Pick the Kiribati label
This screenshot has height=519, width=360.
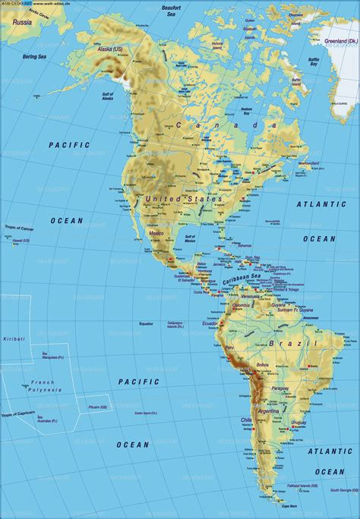coord(14,338)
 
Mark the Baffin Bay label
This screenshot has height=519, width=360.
coord(312,60)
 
